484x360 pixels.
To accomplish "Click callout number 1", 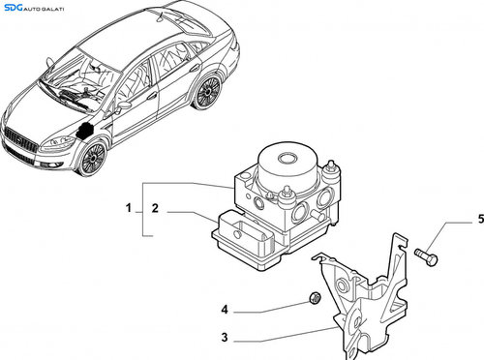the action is point(129,208).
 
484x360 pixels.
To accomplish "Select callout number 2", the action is point(155,208).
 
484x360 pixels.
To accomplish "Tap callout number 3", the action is point(225,338).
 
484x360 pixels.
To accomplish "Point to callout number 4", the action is point(225,310).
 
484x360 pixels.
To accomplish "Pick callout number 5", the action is point(481,219).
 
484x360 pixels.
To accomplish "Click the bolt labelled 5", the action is point(427,255).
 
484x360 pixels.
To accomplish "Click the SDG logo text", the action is point(14,7).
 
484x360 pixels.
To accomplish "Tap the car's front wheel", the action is point(93,159).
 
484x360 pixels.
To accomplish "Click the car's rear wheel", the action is point(206,92).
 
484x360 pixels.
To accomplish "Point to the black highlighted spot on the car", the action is point(85,131).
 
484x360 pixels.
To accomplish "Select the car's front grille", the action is point(20,141).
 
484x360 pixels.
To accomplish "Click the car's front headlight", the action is point(57,143).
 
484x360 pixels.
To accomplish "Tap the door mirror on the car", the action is point(123,105).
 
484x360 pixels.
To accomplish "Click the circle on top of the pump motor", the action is point(287,159).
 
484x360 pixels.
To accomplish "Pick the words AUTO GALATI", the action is point(44,9).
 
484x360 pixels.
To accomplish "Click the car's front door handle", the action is point(152,96).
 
